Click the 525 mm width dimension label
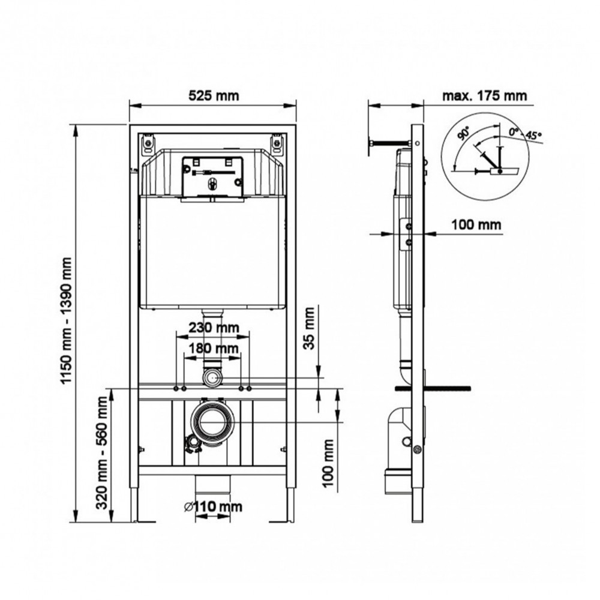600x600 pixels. (x=214, y=95)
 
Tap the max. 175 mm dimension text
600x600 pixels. (x=484, y=95)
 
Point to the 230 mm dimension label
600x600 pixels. (x=214, y=328)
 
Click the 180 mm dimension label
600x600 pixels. (x=214, y=348)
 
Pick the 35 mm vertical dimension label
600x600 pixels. (x=309, y=328)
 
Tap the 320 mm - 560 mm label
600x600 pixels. (x=102, y=452)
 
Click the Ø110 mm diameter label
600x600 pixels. (x=213, y=506)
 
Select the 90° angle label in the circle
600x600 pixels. (x=464, y=134)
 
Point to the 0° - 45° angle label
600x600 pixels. (x=525, y=134)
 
